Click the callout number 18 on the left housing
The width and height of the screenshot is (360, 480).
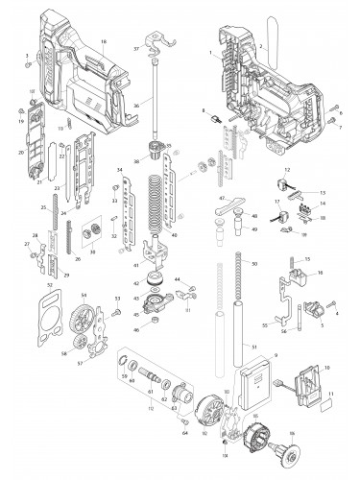point(131,42)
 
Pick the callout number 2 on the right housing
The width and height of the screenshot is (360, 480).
point(260,45)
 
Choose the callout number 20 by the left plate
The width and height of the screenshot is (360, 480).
point(21,152)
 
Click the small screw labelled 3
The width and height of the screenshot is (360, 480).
point(29,65)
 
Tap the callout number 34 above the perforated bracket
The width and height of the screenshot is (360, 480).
point(118,170)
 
